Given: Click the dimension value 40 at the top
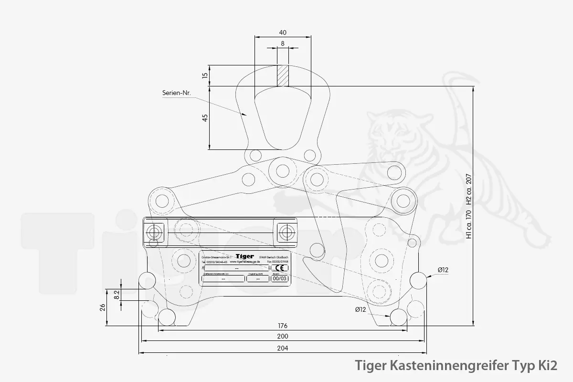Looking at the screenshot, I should (283, 32).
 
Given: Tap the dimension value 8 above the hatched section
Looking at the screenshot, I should (283, 43).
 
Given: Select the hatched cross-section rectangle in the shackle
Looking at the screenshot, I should (283, 75).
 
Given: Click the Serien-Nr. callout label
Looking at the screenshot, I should (176, 94).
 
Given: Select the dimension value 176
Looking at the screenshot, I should (283, 326).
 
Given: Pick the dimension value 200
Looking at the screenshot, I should (283, 336).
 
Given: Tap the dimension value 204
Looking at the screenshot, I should (283, 348).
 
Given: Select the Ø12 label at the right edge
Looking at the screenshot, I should (443, 270).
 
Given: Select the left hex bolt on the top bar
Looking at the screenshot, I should (154, 233).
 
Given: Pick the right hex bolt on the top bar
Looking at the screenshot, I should (286, 233).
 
